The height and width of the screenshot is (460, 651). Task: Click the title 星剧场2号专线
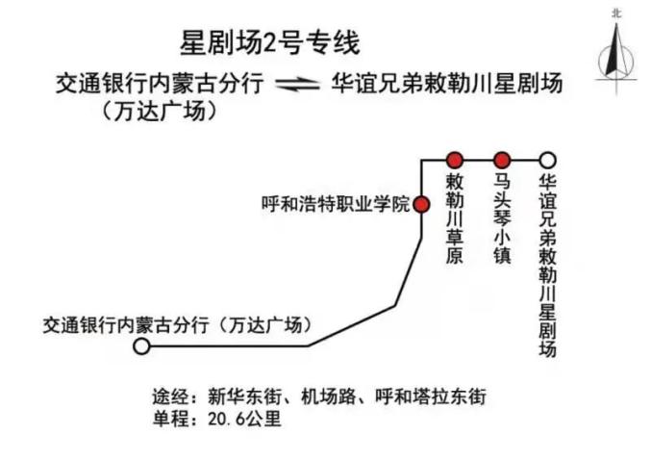coord(269,43)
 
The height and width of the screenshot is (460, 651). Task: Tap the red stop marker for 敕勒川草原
coord(454,160)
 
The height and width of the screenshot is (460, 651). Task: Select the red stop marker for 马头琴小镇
coord(502,160)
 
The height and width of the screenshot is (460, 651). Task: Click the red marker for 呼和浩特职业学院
coord(422,204)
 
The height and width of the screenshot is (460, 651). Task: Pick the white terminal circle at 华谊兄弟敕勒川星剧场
coord(547,160)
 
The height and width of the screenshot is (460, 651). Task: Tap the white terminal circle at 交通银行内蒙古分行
coord(141,345)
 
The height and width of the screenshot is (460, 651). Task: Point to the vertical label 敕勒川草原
coord(454,218)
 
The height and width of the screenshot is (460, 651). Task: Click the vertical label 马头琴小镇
coord(502,218)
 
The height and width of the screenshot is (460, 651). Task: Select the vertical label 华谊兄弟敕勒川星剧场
coord(547,265)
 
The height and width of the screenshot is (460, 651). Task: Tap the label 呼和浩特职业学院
coord(336,204)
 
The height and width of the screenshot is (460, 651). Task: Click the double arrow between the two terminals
coord(297,85)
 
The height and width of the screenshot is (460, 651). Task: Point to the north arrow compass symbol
coord(616,59)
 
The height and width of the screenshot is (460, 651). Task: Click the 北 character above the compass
coord(616,13)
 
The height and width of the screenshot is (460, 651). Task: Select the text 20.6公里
coord(244,419)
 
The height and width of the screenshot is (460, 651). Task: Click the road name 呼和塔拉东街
coord(431,396)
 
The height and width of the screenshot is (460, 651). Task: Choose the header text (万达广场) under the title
coord(160,111)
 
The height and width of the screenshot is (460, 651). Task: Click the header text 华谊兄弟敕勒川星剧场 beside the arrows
coord(447,84)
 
